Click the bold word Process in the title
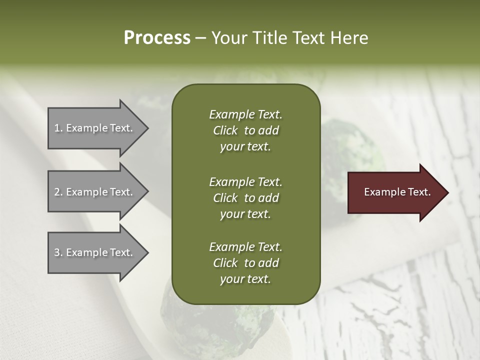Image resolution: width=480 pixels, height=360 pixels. pos(157,38)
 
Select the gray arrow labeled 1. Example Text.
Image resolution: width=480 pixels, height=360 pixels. pos(95,128)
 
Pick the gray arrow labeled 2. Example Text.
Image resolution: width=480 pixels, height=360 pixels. pos(95,192)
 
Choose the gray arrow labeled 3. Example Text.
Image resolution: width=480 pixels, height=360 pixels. pos(95,252)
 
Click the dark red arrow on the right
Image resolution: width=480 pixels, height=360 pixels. pos(395,192)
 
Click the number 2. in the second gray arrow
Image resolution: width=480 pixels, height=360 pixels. pos(58,192)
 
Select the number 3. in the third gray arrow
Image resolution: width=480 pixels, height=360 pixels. pos(58,252)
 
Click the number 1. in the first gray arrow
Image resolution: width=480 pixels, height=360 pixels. pos(58,128)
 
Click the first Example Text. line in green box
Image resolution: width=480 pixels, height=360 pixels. pos(245,114)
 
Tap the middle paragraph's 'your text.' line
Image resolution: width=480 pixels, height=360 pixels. pos(245,214)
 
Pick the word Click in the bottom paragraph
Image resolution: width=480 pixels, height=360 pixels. pos(225,263)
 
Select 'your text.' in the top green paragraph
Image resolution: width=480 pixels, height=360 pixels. pos(245,147)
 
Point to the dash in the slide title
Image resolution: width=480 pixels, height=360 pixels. pos(200,38)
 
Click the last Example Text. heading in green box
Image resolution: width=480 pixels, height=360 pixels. pos(245,247)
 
